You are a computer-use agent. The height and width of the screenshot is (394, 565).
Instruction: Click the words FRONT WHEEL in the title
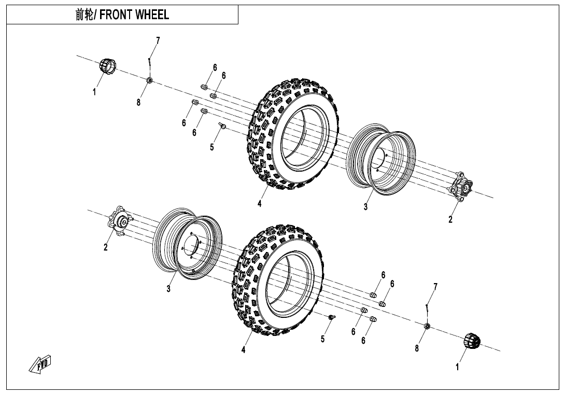tap(134, 15)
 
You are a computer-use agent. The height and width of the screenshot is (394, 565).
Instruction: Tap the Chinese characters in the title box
tap(84, 15)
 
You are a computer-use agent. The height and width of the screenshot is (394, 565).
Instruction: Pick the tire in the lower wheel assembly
tap(278, 279)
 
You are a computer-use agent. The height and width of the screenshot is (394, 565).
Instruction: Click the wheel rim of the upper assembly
tap(380, 159)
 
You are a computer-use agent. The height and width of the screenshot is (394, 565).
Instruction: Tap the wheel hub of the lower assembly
tap(120, 220)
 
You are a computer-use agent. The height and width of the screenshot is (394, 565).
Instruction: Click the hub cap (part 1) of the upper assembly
tap(107, 66)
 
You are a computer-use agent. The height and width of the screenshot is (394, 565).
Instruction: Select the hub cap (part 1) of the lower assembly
tap(472, 341)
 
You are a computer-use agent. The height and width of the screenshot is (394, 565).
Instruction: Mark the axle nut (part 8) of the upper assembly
tap(149, 80)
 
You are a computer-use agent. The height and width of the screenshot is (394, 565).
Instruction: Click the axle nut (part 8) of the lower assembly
tap(427, 326)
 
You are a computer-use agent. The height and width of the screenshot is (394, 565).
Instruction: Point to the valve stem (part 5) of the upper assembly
tap(222, 126)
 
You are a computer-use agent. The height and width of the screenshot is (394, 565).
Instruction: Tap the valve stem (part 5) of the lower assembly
tap(331, 317)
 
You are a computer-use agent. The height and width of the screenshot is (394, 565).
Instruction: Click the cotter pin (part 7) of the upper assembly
tap(149, 64)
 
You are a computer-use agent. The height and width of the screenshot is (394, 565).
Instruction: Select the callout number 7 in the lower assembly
tap(435, 287)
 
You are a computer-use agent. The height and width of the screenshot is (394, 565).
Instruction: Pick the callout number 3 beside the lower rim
tap(168, 289)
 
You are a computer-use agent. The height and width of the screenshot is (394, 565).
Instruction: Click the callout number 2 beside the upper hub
tap(450, 219)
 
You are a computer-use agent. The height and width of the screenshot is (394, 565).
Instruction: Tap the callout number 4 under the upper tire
tap(260, 204)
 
